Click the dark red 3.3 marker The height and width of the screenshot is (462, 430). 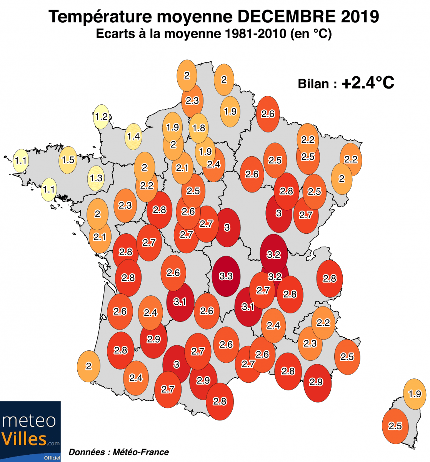226,276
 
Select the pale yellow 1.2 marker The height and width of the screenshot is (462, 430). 102,116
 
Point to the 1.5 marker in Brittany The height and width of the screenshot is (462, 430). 68,159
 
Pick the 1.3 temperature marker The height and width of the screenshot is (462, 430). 96,178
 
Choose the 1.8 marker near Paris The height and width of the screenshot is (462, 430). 199,128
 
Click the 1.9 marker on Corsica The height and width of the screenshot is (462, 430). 415,394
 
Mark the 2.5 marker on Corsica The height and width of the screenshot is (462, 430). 395,426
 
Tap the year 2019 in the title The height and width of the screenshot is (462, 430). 360,17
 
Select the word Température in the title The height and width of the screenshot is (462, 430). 101,17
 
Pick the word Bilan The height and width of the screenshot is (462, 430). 313,84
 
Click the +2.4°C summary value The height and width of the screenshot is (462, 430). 368,83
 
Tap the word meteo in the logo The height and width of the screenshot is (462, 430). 29,420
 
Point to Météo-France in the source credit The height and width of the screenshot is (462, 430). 141,452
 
